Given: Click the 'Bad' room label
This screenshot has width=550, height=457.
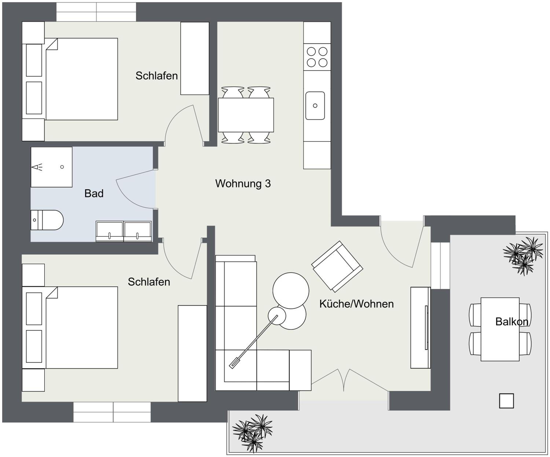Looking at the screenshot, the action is [94, 193].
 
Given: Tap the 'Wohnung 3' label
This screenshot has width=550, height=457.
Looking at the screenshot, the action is [243, 183].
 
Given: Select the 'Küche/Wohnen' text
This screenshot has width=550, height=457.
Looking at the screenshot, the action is [356, 304].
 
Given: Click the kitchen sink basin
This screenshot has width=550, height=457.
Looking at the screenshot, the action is [315, 106].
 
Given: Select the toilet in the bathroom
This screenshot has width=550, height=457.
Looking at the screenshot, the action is [47, 220].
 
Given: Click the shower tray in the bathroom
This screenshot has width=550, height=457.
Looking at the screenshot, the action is [52, 167].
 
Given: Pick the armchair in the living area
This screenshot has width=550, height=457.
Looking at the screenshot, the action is [337, 266].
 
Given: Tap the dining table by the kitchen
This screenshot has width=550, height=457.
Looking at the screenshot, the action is [246, 115].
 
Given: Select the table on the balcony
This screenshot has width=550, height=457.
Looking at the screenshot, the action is [500, 329].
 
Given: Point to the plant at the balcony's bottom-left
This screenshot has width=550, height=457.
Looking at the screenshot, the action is [252, 433].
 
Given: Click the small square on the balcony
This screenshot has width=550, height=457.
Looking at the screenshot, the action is [506, 401].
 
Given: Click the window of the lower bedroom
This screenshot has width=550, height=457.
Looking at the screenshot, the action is [112, 412].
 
